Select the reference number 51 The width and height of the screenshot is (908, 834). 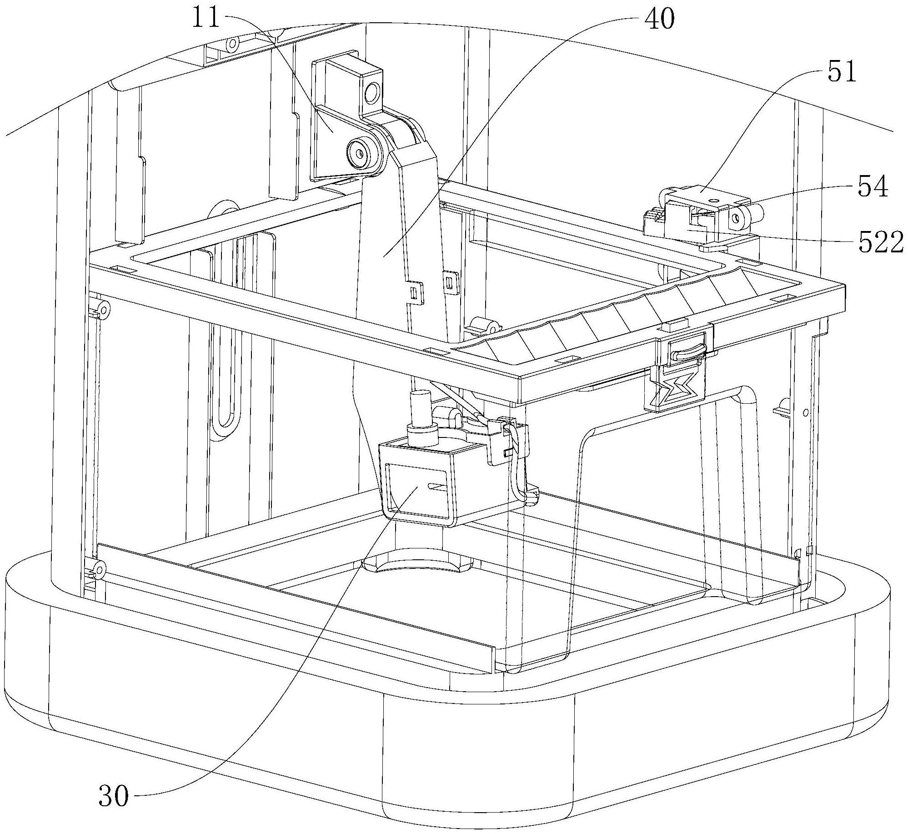pos(842,73)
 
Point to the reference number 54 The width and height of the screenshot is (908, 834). pos(873,187)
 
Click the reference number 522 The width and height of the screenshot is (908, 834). pos(880,244)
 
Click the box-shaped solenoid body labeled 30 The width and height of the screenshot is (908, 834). pos(418,491)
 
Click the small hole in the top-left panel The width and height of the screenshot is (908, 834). pos(233,45)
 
